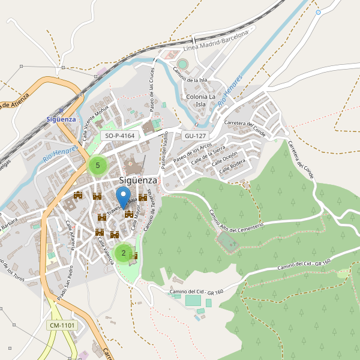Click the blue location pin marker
[122, 197]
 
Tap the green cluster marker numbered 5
[97, 165]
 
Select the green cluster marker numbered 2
[124, 253]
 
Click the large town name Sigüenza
[138, 180]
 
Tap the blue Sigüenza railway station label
[61, 119]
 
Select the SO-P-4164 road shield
[119, 136]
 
